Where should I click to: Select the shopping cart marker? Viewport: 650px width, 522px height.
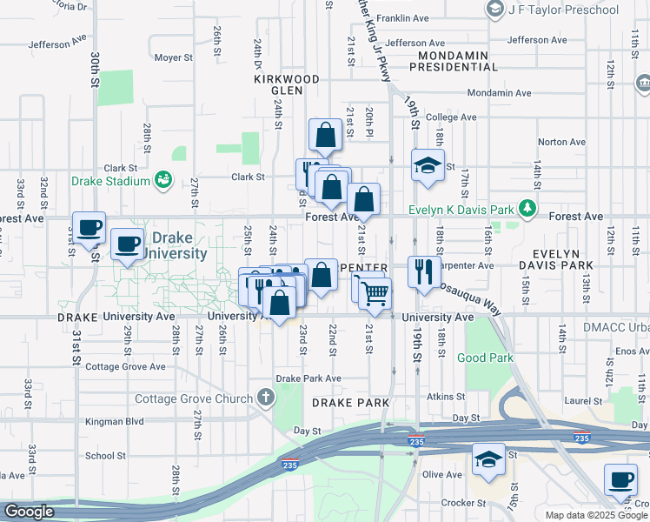(x=375, y=294)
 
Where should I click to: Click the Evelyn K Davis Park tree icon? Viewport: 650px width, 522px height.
(x=526, y=209)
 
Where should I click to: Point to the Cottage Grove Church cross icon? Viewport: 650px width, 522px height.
(x=266, y=398)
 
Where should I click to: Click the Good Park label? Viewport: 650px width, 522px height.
(x=485, y=358)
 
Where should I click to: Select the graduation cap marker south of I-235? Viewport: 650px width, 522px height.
(x=488, y=458)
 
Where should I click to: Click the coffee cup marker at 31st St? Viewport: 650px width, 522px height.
(x=89, y=228)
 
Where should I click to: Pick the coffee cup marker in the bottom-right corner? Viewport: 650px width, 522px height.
(x=620, y=479)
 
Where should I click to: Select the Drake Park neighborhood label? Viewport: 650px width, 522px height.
(x=347, y=403)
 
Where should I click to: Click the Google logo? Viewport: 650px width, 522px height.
(x=29, y=512)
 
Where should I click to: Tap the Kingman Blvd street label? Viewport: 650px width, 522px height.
(x=114, y=422)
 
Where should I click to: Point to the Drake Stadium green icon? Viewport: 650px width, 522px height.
(x=162, y=180)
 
